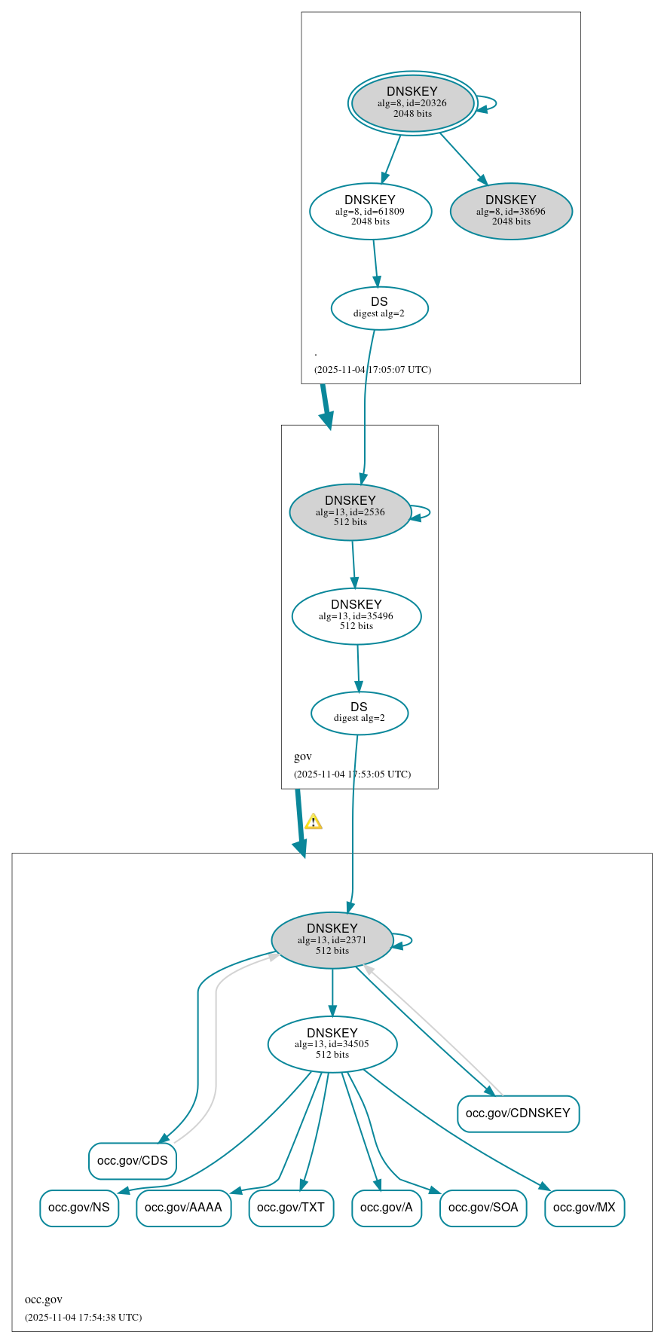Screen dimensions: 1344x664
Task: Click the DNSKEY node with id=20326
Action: [x=412, y=103]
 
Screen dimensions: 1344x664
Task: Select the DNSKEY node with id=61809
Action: [x=370, y=212]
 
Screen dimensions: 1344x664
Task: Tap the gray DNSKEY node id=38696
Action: [x=511, y=212]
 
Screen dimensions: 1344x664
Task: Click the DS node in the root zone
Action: [x=379, y=307]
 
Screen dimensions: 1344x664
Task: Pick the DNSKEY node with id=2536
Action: [x=350, y=512]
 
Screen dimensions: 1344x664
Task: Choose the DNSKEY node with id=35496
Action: [x=356, y=616]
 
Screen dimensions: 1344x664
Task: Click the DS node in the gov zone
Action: [x=360, y=713]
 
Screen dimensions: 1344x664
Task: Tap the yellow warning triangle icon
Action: [x=314, y=822]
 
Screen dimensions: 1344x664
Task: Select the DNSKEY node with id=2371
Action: [x=332, y=940]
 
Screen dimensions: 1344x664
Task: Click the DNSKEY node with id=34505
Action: [x=332, y=1044]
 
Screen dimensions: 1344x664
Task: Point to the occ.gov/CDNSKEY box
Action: [x=518, y=1113]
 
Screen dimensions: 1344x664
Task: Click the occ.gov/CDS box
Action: [x=133, y=1161]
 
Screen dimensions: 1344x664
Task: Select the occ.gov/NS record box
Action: [x=79, y=1208]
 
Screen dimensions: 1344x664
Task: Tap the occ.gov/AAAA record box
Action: [x=183, y=1208]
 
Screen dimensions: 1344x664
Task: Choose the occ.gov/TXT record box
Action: [x=291, y=1208]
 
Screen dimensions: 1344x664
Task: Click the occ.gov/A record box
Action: [x=387, y=1208]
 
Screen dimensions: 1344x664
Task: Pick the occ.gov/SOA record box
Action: [x=483, y=1208]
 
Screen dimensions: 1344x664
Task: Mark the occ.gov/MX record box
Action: [x=584, y=1208]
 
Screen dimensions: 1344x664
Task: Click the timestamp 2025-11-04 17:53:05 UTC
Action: [x=352, y=774]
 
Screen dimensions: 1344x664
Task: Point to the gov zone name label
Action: [x=302, y=756]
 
